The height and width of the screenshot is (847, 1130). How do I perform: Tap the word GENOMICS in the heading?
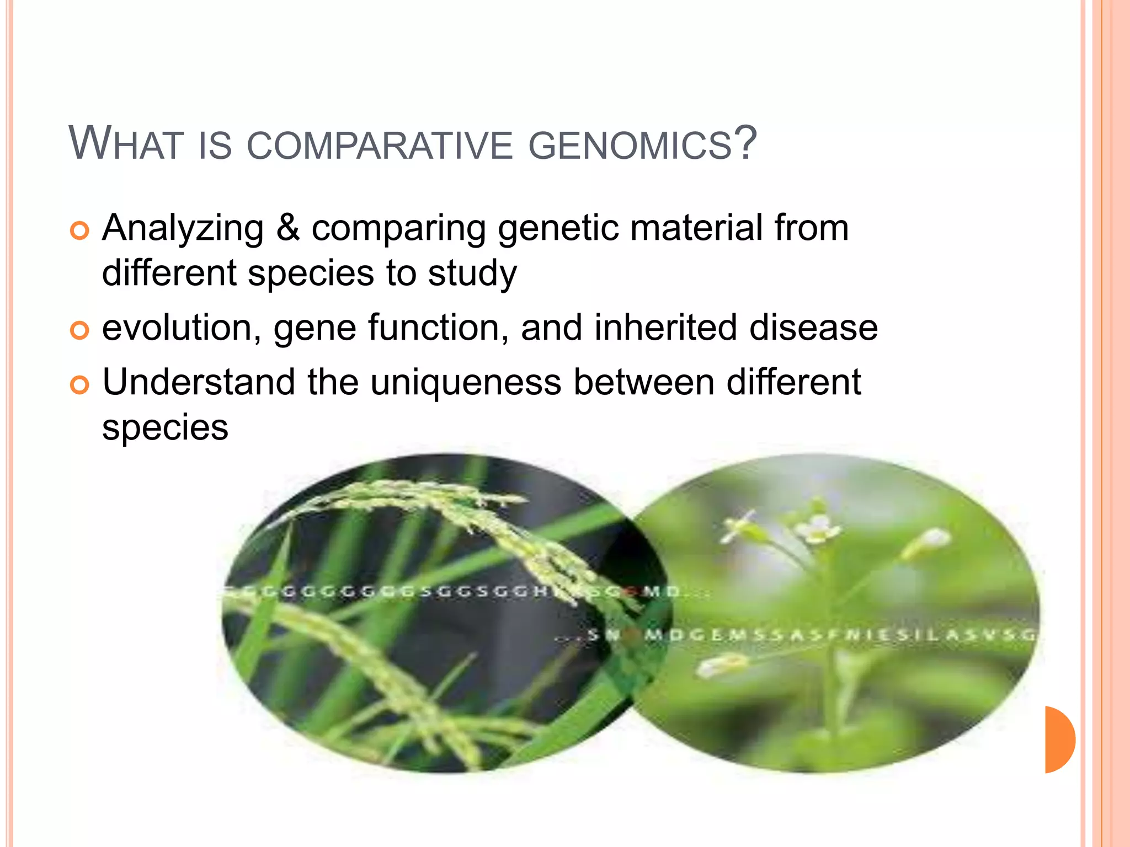pyautogui.click(x=629, y=146)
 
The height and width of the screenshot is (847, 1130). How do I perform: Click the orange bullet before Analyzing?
pyautogui.click(x=79, y=231)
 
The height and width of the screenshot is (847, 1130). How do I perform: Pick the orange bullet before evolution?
pyautogui.click(x=79, y=330)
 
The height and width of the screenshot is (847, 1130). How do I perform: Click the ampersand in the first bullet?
pyautogui.click(x=287, y=228)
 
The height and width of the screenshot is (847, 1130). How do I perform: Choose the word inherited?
pyautogui.click(x=665, y=328)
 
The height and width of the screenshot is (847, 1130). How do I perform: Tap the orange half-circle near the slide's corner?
pyautogui.click(x=1059, y=739)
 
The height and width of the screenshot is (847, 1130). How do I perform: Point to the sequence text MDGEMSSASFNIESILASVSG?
pyautogui.click(x=839, y=635)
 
